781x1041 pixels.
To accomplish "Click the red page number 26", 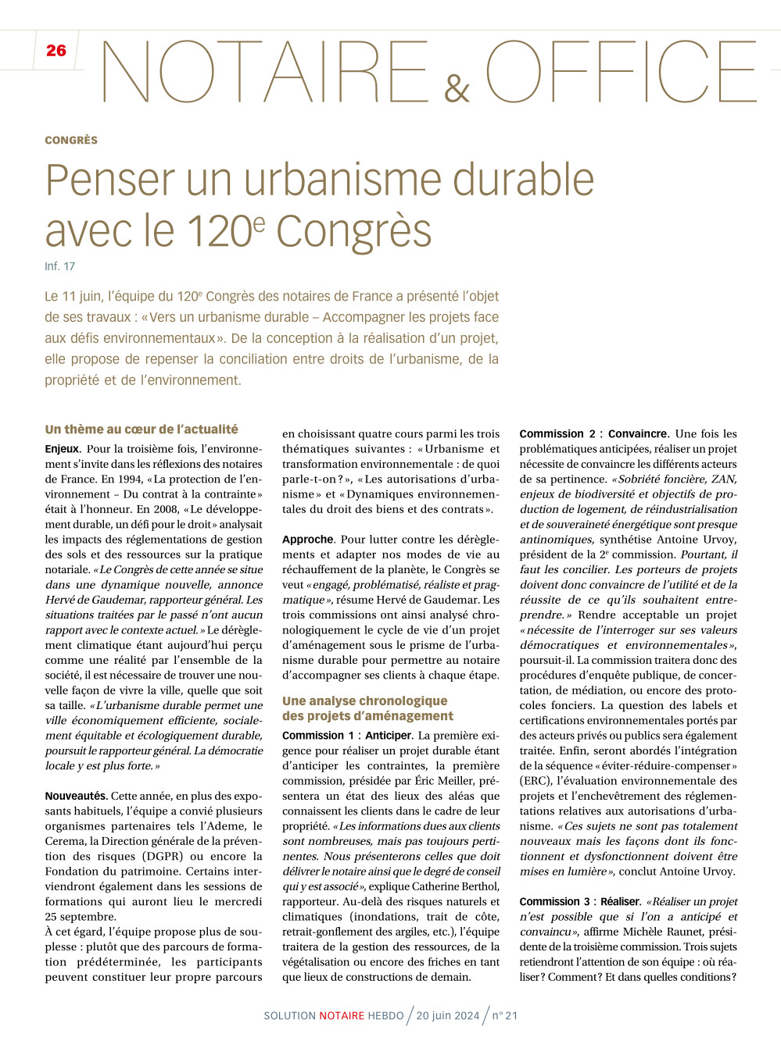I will (56, 51).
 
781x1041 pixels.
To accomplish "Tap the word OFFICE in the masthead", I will (622, 72).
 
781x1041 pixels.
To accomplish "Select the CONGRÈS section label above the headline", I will (71, 141).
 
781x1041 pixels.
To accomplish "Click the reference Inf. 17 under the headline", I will (60, 266).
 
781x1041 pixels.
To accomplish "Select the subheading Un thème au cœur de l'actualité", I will (142, 430).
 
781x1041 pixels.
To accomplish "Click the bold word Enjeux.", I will (63, 449).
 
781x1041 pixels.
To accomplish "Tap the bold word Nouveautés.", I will (76, 796).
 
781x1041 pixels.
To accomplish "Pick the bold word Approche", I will (308, 540).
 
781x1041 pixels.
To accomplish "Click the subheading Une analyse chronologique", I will (365, 701).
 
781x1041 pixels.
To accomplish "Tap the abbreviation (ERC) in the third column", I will (536, 781).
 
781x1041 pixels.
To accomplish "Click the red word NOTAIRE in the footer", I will (342, 1015).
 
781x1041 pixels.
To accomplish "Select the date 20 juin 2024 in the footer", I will (448, 1015).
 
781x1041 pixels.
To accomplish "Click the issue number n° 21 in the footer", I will (505, 1015).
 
